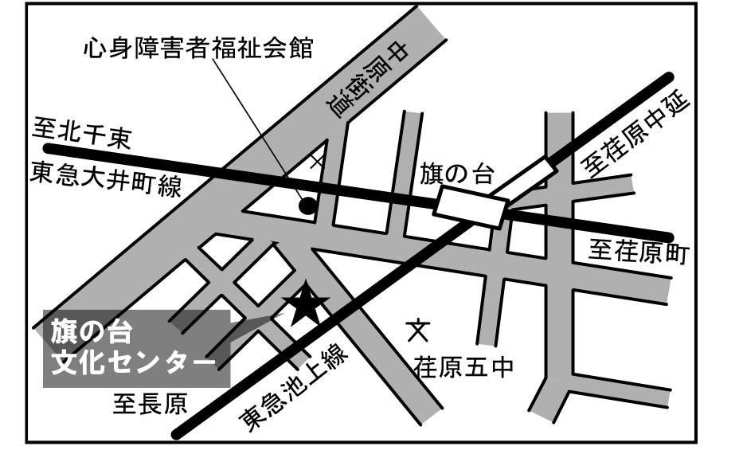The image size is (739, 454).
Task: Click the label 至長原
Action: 149,406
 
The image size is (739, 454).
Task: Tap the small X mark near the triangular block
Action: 317,160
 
